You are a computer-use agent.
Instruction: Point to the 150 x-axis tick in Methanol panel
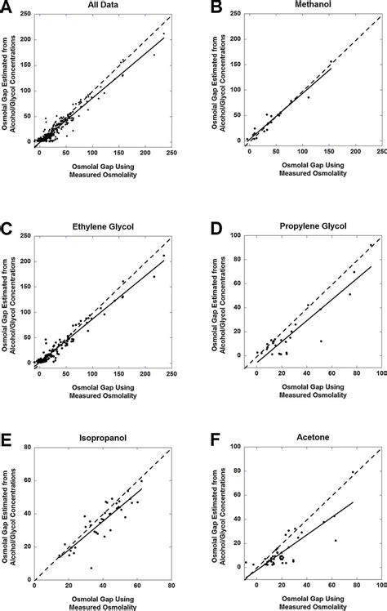(x=333, y=154)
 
